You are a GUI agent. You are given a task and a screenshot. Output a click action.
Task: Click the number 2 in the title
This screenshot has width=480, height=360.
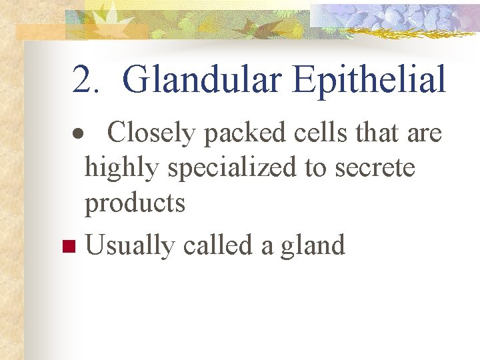83,80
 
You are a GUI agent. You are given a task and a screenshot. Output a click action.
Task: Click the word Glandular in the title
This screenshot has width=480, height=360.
201,80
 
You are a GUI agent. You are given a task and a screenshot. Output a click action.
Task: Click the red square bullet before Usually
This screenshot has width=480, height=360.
66,247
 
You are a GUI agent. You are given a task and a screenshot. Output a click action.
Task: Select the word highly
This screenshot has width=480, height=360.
123,169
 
